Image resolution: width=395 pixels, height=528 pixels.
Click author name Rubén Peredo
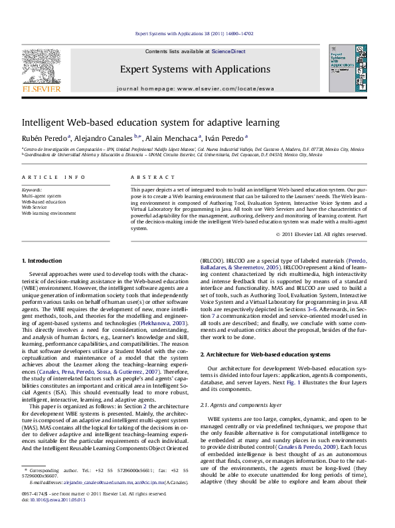[42, 139]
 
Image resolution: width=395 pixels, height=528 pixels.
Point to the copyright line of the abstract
[327, 234]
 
